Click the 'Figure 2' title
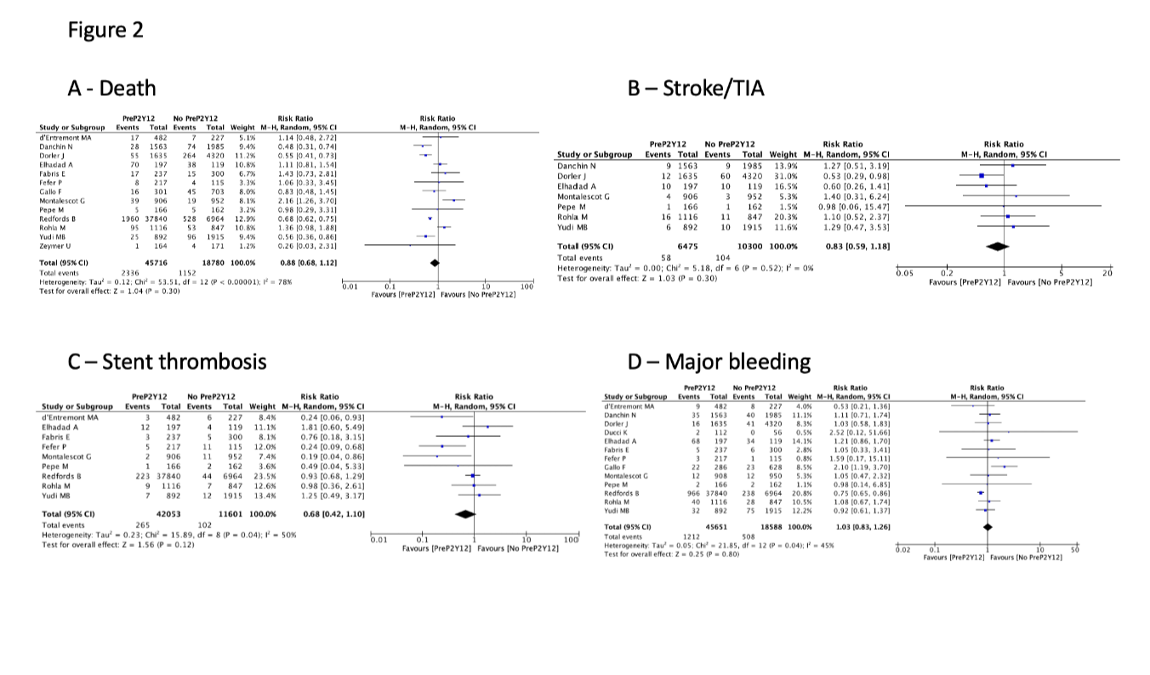tap(106, 30)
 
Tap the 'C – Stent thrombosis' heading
tap(167, 361)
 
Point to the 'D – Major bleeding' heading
tap(719, 361)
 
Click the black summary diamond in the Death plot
tap(436, 263)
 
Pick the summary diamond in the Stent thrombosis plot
tap(465, 514)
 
